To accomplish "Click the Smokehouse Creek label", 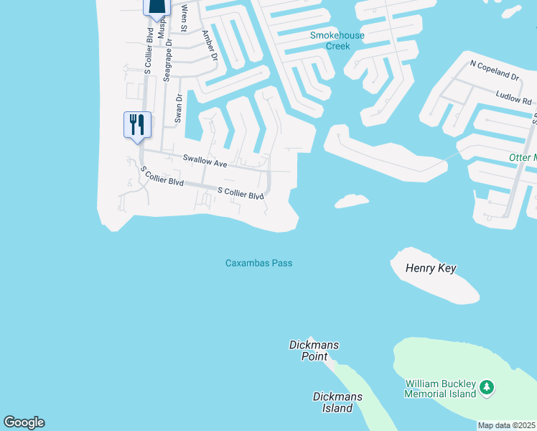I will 337,40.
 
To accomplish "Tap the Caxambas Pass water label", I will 258,263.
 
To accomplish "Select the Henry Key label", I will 431,269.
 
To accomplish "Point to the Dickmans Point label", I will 313,351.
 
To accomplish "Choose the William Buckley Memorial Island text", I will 440,389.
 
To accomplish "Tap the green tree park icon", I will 487,388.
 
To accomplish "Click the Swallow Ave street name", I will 205,162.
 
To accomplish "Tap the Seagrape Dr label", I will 168,62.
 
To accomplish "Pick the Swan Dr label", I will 179,108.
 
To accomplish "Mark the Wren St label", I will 185,18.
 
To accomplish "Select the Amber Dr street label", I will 209,45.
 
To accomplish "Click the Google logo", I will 24,422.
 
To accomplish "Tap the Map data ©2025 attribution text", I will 506,425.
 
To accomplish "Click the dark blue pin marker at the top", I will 157,6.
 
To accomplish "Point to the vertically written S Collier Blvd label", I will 149,50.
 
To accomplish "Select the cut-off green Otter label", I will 523,157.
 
